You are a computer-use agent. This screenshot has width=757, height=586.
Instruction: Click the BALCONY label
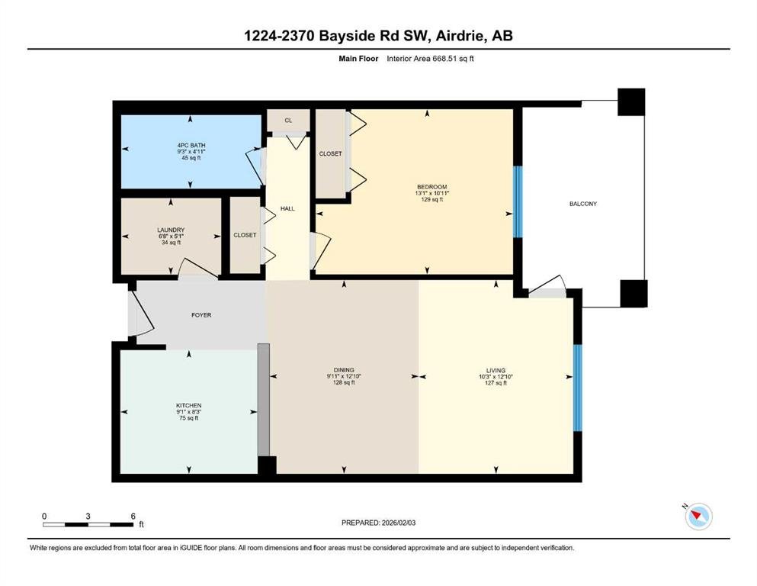tap(582, 204)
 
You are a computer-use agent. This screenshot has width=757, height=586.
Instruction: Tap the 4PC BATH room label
tap(191, 146)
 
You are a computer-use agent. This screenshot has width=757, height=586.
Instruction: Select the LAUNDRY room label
tap(171, 230)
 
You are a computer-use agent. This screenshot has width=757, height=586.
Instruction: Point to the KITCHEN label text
tap(189, 405)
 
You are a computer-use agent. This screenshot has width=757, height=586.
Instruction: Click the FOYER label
tap(201, 315)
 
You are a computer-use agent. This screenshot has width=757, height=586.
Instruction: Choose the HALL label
tap(287, 209)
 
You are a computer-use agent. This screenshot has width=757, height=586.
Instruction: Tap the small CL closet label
tap(288, 121)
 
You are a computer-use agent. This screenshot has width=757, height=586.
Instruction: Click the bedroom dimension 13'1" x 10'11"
tap(432, 193)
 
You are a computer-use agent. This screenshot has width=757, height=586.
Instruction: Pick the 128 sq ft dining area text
tap(344, 382)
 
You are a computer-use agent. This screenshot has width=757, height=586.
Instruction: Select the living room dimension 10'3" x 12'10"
tap(496, 377)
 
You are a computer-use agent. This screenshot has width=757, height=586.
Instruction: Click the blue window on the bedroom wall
tap(518, 202)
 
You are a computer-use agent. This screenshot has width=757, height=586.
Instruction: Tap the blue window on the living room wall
tap(577, 388)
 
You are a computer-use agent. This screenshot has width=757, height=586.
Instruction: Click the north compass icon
tap(698, 516)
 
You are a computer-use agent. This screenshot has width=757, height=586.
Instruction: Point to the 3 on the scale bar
tap(88, 516)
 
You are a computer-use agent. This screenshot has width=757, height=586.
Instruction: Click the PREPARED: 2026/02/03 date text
tap(378, 523)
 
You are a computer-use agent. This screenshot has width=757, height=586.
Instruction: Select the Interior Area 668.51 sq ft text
tap(430, 59)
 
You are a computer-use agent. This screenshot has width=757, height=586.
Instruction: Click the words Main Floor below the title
tap(358, 59)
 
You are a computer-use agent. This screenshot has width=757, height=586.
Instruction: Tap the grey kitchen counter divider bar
tap(263, 400)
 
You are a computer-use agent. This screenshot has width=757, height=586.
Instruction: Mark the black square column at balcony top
tap(631, 102)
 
